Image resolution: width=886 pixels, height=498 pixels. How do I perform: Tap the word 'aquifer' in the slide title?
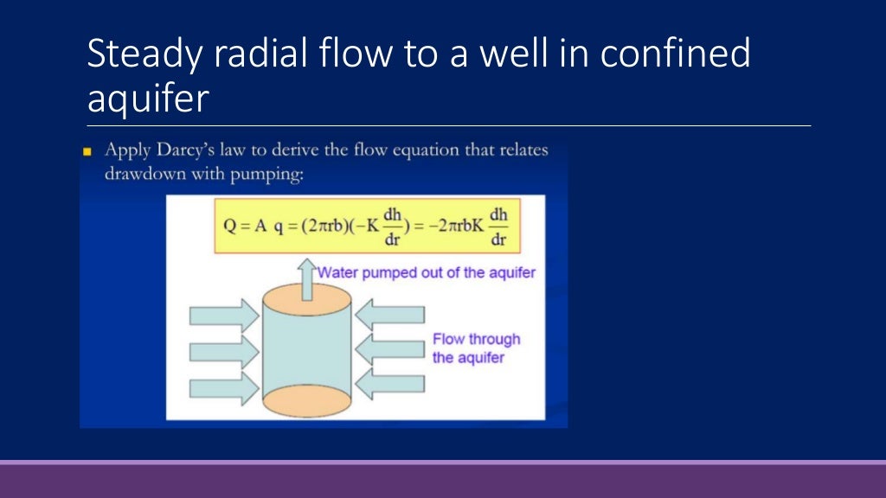tap(148, 99)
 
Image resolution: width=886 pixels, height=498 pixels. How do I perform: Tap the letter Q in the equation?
tap(231, 226)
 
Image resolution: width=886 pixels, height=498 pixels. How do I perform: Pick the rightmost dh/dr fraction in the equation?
tap(498, 226)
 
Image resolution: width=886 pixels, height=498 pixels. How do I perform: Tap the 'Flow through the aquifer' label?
tap(476, 348)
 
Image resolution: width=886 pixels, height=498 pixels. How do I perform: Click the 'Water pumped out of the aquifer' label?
tap(427, 272)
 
